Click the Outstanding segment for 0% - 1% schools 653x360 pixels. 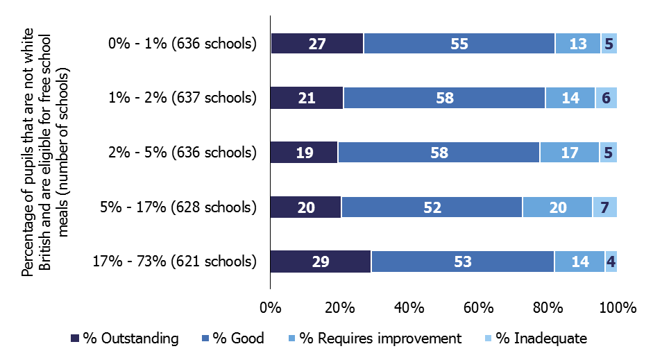[317, 43]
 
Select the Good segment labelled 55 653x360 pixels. [459, 43]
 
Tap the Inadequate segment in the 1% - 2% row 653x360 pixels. [606, 98]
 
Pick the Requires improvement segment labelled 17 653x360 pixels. [570, 153]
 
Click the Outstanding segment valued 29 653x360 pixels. [320, 262]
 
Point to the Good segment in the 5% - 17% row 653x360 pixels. [432, 207]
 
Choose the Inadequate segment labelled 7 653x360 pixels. [604, 207]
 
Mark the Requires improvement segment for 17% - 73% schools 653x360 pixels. [579, 262]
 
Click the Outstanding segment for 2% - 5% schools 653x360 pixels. [303, 153]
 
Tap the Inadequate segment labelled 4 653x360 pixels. [611, 262]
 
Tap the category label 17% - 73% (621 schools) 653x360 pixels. [174, 262]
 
